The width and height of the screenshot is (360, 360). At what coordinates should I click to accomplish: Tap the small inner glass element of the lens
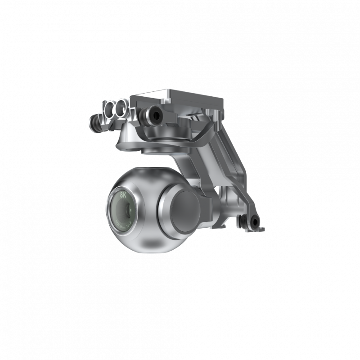(128, 208)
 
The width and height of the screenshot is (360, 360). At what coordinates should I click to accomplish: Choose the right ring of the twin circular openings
(121, 108)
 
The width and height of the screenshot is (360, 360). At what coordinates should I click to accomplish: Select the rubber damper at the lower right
(255, 221)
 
